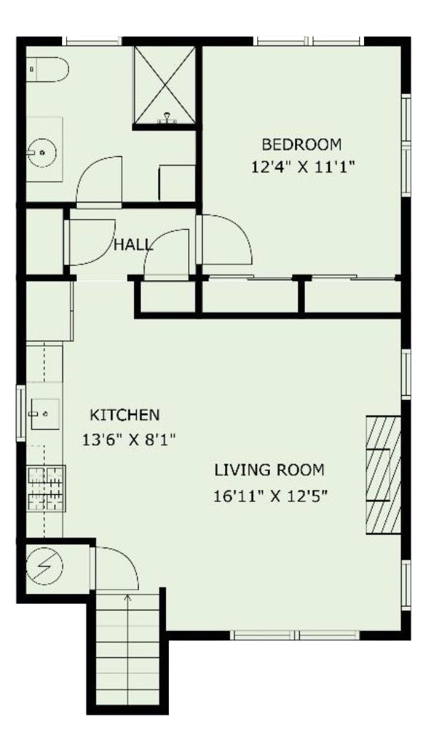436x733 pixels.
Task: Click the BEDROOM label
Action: pyautogui.click(x=301, y=145)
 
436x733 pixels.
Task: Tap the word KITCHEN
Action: pyautogui.click(x=125, y=415)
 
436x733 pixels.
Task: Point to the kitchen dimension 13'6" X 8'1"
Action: pyautogui.click(x=129, y=439)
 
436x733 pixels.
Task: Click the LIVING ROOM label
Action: pyautogui.click(x=269, y=470)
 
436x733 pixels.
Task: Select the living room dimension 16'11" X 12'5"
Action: pyautogui.click(x=270, y=496)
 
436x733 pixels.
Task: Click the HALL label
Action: pyautogui.click(x=133, y=245)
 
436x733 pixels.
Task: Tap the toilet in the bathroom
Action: pyautogui.click(x=47, y=70)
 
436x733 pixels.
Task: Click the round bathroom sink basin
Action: pyautogui.click(x=41, y=153)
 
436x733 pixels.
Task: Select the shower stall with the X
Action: pyautogui.click(x=164, y=86)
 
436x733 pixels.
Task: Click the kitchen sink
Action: pyautogui.click(x=45, y=414)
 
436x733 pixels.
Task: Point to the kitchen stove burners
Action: pyautogui.click(x=46, y=488)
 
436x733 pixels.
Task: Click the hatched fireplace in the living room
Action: pyautogui.click(x=383, y=474)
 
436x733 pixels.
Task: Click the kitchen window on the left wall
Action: pyautogui.click(x=21, y=413)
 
